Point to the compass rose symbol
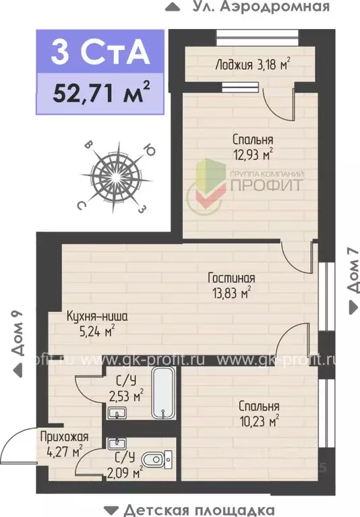tap(117, 175)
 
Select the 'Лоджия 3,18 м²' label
tap(252, 65)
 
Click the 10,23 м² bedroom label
tap(258, 414)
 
